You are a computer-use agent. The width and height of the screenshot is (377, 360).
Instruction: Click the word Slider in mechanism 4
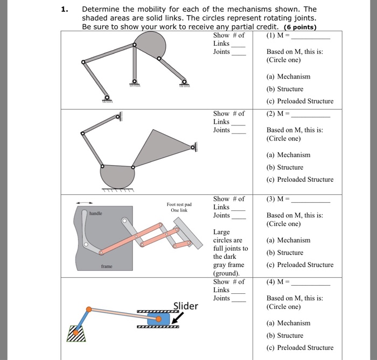click(x=185, y=306)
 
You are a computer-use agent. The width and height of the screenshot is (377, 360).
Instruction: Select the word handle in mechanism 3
click(x=95, y=214)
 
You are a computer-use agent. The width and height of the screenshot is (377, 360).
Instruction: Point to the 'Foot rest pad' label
click(x=179, y=204)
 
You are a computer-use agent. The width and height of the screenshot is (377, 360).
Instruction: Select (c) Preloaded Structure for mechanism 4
click(x=300, y=347)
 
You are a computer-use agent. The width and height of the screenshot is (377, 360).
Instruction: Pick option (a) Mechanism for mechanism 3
click(x=288, y=240)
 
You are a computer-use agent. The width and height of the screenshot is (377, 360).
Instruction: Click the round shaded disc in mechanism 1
click(x=149, y=48)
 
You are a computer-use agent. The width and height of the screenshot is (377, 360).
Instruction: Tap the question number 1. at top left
click(x=65, y=9)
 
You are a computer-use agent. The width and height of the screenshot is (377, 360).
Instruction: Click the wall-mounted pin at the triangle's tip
click(x=192, y=146)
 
